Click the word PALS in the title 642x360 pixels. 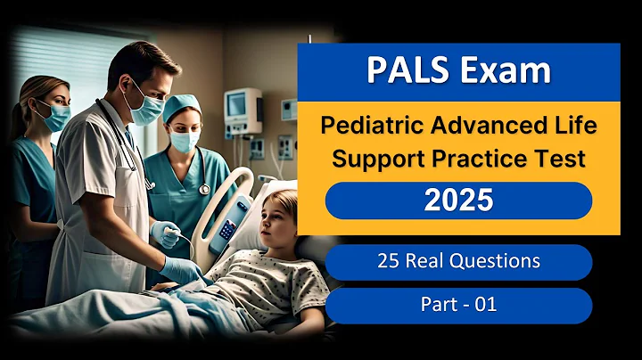tap(407, 70)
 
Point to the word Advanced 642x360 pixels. tap(473, 126)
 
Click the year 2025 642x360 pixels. tap(458, 200)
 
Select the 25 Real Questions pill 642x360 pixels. tap(458, 262)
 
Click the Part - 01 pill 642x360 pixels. tap(458, 305)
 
